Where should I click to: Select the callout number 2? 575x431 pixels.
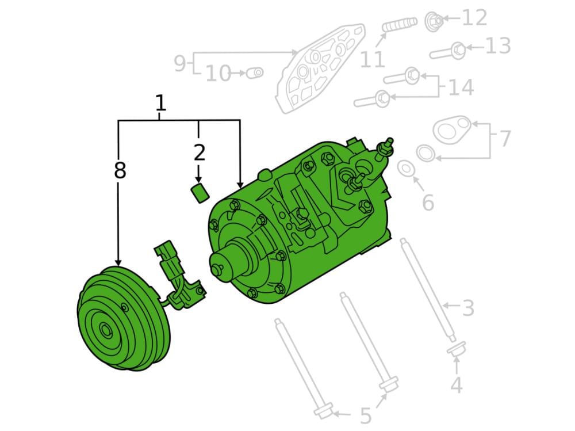click(199, 153)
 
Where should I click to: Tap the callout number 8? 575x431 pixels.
click(120, 171)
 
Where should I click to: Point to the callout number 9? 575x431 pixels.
click(180, 63)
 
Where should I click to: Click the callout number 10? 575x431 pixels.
click(218, 73)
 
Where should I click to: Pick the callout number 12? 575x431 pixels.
click(474, 18)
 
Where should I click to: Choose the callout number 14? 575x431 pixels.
click(461, 87)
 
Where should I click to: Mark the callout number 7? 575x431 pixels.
click(505, 139)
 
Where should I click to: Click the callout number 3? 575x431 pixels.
click(468, 308)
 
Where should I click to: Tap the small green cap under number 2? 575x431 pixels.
click(200, 193)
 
